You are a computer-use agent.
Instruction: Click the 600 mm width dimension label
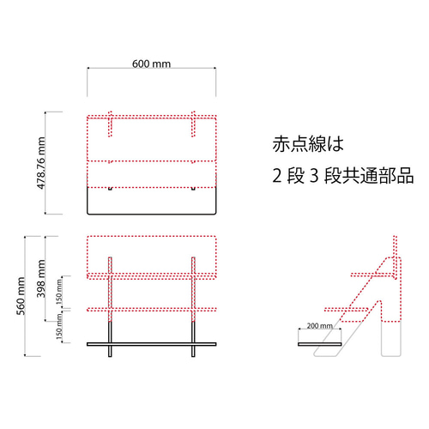click(151, 63)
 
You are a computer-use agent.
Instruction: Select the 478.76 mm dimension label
click(41, 163)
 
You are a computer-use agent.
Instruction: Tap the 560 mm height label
click(21, 296)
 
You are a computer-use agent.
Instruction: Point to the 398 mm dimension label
click(41, 279)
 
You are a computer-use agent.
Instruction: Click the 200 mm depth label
click(320, 325)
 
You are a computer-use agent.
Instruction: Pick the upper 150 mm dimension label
click(59, 292)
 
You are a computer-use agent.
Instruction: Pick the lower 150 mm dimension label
click(59, 326)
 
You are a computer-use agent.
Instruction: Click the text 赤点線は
click(308, 144)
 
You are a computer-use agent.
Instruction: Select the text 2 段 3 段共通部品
click(343, 175)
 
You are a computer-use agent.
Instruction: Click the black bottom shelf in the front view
click(152, 344)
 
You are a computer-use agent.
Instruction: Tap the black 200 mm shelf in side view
click(320, 344)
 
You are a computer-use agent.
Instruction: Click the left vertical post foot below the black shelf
click(110, 351)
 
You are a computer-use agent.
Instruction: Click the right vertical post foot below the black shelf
click(193, 351)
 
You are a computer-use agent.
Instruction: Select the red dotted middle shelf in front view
click(152, 309)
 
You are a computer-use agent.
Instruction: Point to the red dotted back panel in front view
click(152, 256)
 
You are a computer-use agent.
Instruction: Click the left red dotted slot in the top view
click(110, 124)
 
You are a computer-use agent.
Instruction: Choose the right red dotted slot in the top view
click(193, 124)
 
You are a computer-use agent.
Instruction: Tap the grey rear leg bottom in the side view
click(391, 341)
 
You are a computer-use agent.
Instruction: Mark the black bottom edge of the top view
click(152, 214)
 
